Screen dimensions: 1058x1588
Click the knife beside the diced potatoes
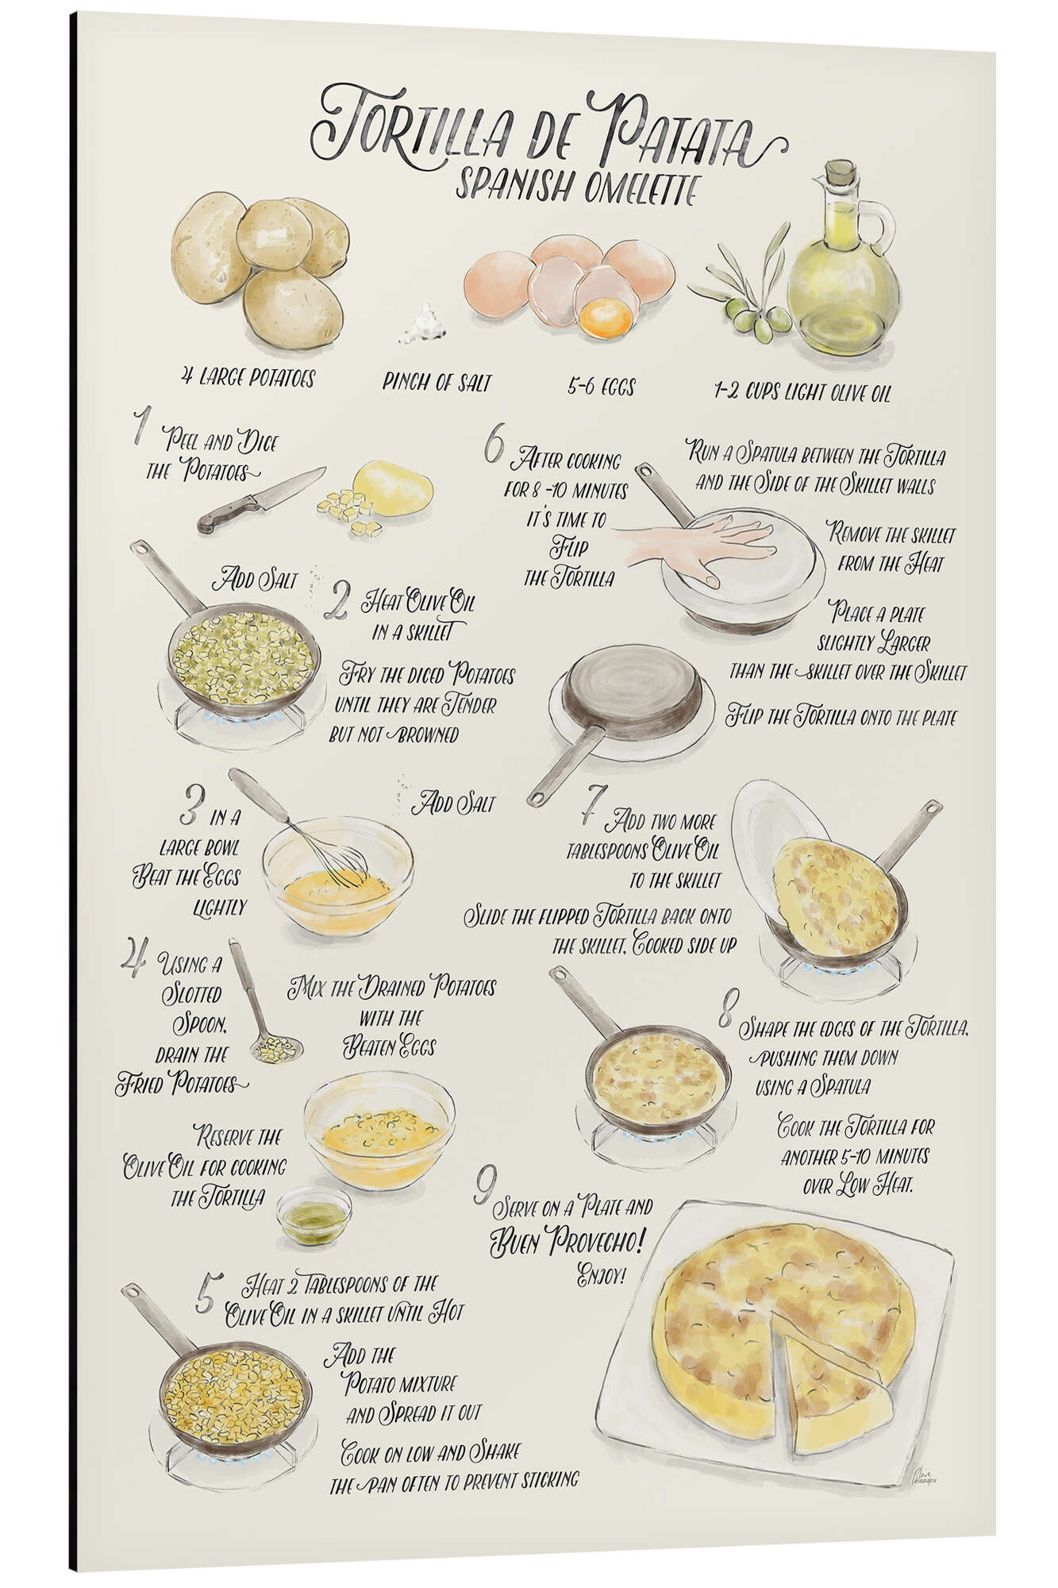[x=261, y=499]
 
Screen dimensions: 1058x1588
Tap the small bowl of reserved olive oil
[x=314, y=1215]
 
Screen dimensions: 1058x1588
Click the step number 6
[x=493, y=449]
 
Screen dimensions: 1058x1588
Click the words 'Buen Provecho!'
[x=567, y=1238]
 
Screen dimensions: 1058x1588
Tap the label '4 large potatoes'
[x=247, y=376]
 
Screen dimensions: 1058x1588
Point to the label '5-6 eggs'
[x=601, y=387]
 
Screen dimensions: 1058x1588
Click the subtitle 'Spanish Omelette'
[x=577, y=188]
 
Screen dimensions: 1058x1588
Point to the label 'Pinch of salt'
[x=437, y=383]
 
